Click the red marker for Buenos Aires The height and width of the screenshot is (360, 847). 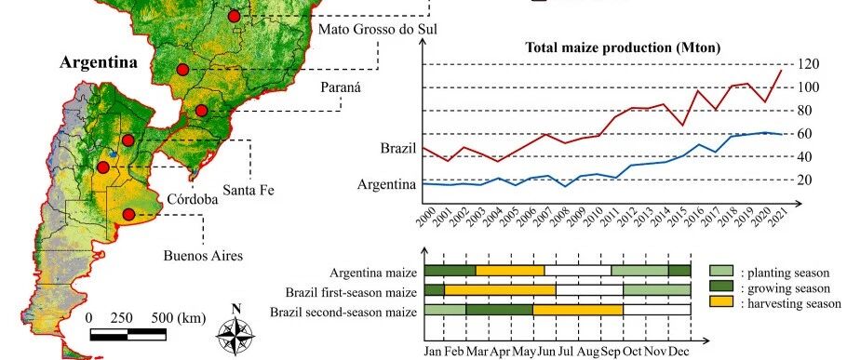[x=128, y=215]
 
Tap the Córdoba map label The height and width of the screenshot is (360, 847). [x=193, y=200]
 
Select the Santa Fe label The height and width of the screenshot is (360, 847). [x=249, y=190]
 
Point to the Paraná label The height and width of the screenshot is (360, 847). [x=341, y=87]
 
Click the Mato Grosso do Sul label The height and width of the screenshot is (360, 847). [x=378, y=29]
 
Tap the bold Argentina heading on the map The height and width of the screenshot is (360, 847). [x=99, y=62]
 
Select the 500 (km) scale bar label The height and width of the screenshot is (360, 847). [x=179, y=318]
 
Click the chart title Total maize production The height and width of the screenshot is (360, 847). [x=624, y=47]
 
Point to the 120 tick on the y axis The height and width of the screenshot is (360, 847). [x=809, y=64]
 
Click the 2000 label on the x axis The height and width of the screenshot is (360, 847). [x=426, y=215]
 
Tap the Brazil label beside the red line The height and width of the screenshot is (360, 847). [x=398, y=148]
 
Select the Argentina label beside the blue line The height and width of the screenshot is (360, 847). [x=387, y=184]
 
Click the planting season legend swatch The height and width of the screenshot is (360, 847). [x=721, y=271]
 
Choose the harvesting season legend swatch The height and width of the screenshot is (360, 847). [x=721, y=301]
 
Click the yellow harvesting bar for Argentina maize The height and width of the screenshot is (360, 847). [x=510, y=271]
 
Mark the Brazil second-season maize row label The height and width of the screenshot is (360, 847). [x=343, y=312]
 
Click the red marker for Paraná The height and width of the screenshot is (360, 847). [x=201, y=111]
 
